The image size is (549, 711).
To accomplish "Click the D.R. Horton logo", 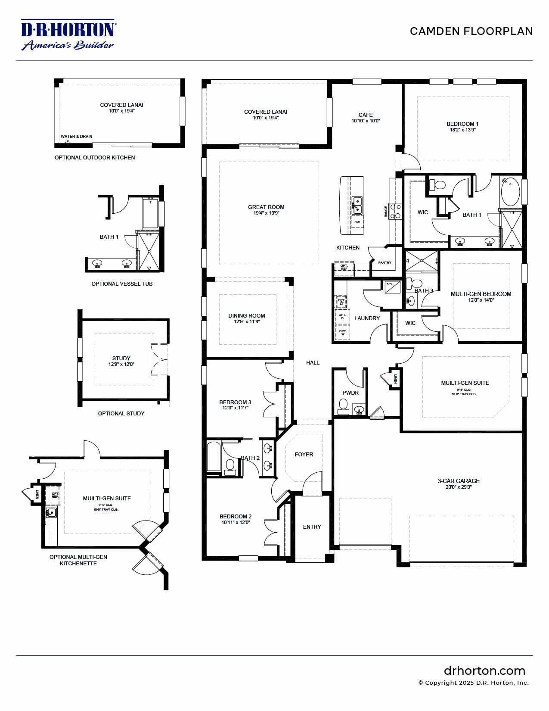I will point(68,34).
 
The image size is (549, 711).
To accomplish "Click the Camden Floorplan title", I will point(471,31).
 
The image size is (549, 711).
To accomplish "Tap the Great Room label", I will point(266,207).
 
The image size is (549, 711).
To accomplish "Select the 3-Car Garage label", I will point(459,481).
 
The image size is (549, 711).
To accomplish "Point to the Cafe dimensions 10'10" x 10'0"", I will point(366,121).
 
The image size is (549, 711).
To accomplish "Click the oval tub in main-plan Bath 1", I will point(510,193).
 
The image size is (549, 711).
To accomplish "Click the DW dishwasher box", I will point(357,222).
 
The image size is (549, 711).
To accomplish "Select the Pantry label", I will point(385,262).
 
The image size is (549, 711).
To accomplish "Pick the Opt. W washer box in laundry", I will point(343,333).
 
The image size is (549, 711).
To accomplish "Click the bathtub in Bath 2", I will point(214,457).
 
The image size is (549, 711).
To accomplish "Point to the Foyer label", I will point(304,454).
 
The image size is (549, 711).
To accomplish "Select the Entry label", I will point(312,527).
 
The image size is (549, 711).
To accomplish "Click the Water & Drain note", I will point(76,137).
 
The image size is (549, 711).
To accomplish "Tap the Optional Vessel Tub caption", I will point(122,284).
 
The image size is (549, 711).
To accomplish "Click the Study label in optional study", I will point(121,358).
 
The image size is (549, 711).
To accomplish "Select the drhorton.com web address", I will point(484,670).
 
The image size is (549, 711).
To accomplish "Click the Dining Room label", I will point(247,315).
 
